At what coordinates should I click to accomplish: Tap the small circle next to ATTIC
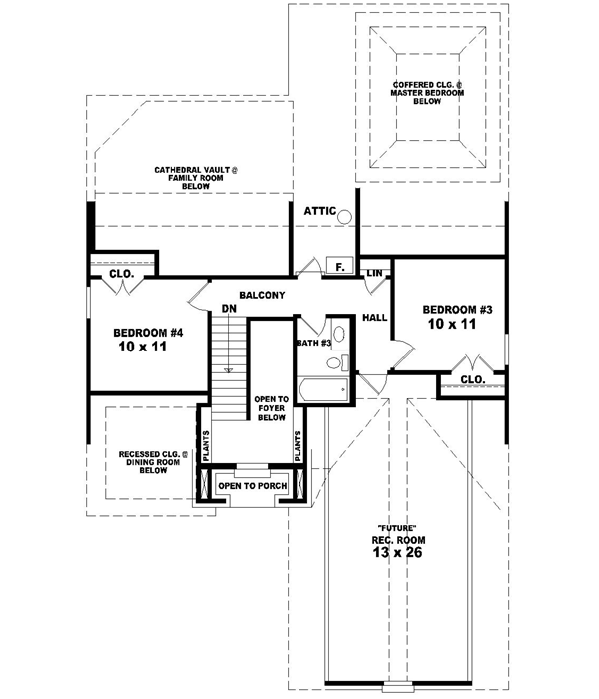click(x=344, y=214)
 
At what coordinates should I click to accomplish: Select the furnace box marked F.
click(x=339, y=266)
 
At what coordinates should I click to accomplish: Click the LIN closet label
click(x=375, y=273)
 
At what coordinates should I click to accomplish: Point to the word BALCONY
click(x=263, y=295)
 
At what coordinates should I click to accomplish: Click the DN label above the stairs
click(x=228, y=309)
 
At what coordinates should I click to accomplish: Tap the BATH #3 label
click(x=312, y=343)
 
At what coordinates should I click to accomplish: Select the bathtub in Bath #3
click(x=319, y=390)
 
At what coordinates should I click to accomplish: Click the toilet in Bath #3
click(x=337, y=335)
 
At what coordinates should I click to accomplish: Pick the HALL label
click(x=375, y=317)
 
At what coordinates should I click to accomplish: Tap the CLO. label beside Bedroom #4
click(x=122, y=272)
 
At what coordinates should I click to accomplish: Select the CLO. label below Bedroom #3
click(x=472, y=379)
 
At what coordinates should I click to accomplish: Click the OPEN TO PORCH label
click(x=253, y=486)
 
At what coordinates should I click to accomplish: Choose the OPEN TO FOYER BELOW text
click(x=270, y=407)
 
